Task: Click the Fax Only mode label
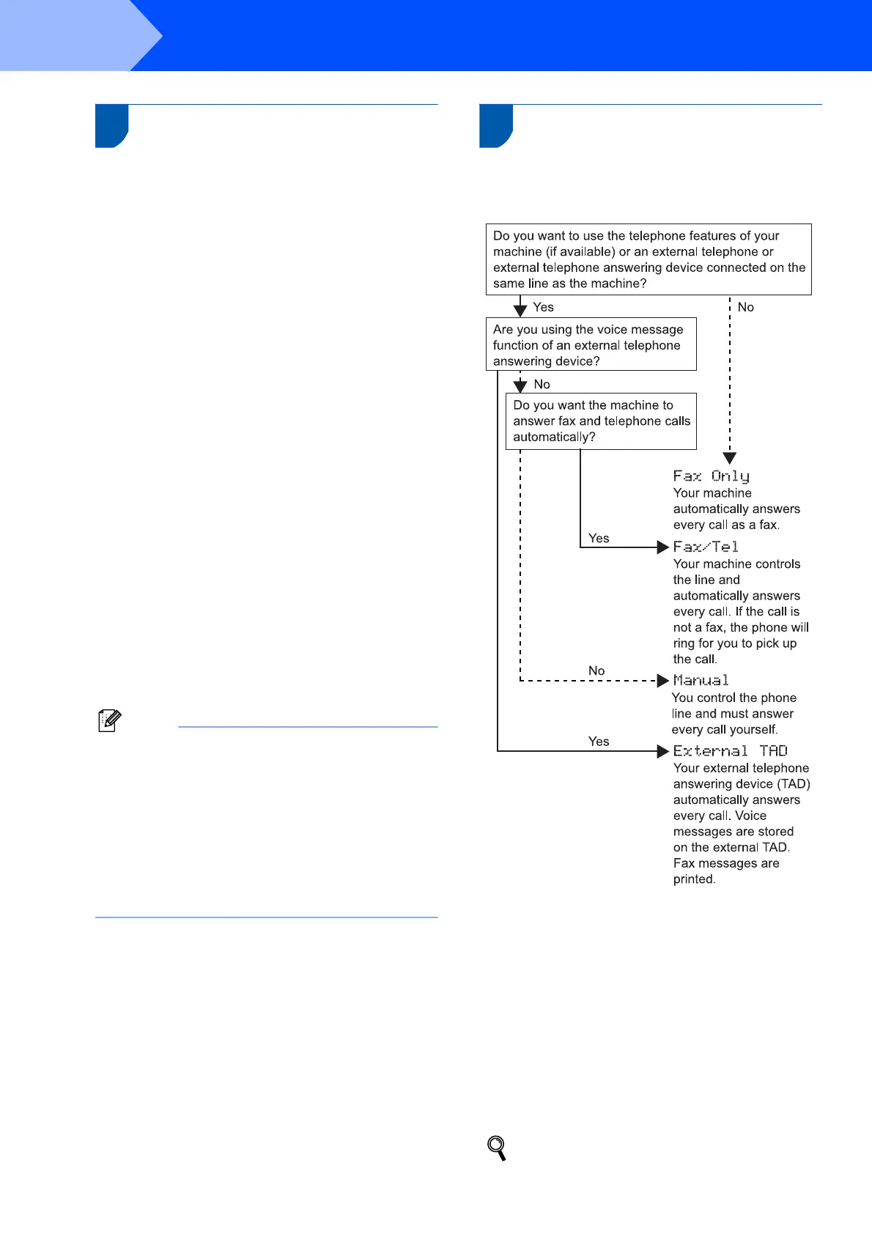coord(711,476)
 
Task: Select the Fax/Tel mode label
coord(706,547)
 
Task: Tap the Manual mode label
coord(701,681)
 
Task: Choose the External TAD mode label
coord(730,751)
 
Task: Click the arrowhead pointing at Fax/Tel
coord(663,547)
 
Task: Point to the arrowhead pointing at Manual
coord(663,681)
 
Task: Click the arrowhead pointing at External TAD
coord(663,751)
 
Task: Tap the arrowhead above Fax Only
coord(730,459)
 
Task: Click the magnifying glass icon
coord(497,1148)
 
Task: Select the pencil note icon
coord(109,720)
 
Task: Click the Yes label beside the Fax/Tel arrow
coord(599,539)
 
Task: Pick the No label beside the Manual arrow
coord(596,671)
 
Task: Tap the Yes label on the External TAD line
coord(599,742)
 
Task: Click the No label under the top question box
coord(746,308)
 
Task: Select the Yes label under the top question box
coord(543,308)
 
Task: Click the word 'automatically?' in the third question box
coord(554,437)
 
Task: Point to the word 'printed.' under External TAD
coord(694,879)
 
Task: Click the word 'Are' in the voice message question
coord(503,330)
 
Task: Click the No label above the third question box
coord(542,385)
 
